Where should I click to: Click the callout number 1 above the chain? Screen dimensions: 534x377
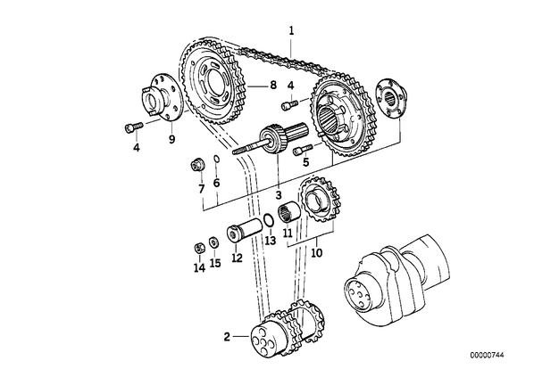[291, 31]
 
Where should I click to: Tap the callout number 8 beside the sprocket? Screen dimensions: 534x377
[273, 85]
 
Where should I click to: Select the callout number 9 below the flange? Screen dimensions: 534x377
[171, 139]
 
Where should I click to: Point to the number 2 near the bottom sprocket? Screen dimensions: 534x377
[227, 337]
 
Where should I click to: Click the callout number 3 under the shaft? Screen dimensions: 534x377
[279, 195]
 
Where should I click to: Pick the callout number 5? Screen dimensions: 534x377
[305, 162]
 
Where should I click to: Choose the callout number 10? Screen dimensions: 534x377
[316, 252]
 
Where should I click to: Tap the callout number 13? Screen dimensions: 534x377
[270, 241]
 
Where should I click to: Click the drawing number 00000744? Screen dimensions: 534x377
[487, 356]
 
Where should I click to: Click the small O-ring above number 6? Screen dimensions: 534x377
[216, 160]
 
